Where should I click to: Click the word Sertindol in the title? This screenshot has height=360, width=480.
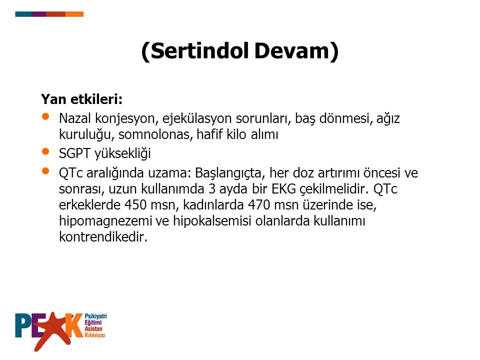(x=199, y=51)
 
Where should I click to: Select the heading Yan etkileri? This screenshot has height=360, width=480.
(x=81, y=99)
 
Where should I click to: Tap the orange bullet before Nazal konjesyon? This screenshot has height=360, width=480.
(x=45, y=116)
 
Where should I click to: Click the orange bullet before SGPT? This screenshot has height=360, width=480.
(x=45, y=151)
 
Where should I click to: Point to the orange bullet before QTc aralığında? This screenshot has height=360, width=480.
(x=45, y=171)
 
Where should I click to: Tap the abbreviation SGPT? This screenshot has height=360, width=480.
(x=74, y=153)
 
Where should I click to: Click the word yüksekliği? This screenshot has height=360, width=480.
(x=123, y=154)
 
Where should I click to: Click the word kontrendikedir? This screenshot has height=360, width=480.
(x=103, y=236)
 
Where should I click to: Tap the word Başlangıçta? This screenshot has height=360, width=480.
(x=228, y=173)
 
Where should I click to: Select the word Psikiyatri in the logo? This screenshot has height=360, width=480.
(x=95, y=316)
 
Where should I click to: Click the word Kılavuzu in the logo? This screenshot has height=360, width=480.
(x=94, y=334)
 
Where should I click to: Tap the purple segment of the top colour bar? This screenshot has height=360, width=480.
(x=39, y=14)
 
